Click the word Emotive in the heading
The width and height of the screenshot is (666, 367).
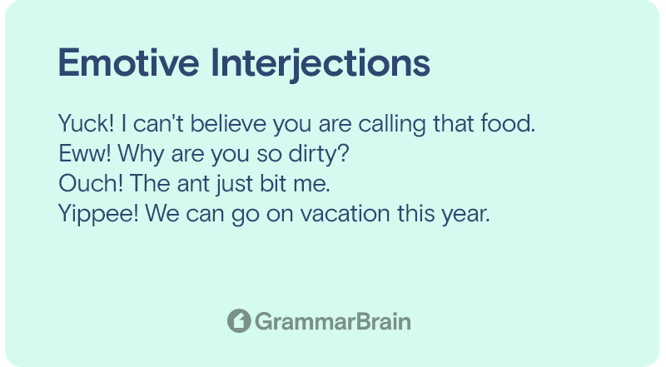129,63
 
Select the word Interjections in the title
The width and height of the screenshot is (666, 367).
321,64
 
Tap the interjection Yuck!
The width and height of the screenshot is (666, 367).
87,124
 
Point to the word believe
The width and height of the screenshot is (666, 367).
228,124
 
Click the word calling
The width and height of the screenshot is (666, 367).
391,125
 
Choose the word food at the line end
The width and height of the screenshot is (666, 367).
508,124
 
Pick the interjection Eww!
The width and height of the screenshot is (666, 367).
85,153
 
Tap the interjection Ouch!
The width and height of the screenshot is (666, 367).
91,183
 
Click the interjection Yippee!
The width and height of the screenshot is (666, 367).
98,214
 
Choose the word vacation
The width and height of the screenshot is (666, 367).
345,213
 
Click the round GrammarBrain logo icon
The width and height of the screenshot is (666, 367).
239,320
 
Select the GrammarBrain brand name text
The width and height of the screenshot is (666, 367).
333,321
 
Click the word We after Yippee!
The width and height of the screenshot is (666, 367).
162,213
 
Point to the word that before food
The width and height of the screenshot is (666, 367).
453,124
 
